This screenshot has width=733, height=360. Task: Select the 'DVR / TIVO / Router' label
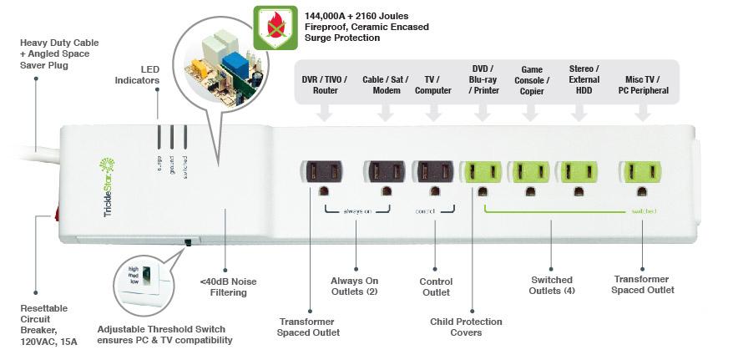[325, 84]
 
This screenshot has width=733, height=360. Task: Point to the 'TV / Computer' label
[433, 84]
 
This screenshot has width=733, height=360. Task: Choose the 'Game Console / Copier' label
[532, 80]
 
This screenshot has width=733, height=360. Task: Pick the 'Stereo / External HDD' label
[584, 79]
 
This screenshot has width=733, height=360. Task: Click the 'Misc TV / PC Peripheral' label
[643, 84]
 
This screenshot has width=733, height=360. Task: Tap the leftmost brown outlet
[321, 171]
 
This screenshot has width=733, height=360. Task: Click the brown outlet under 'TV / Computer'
[434, 171]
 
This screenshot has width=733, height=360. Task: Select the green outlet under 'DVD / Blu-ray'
[482, 171]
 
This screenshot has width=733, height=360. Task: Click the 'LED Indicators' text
[138, 74]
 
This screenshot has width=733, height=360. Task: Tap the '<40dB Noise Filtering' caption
[223, 286]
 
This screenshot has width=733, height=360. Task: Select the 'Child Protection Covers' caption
[467, 327]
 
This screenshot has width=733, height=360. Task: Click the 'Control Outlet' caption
[436, 286]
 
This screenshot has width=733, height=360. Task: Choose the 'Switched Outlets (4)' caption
[552, 285]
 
